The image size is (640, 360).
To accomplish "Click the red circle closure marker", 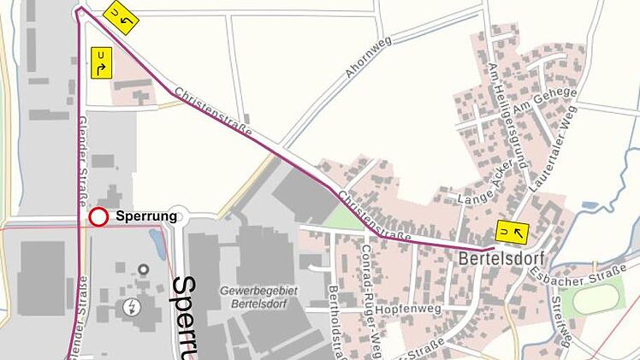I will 98,217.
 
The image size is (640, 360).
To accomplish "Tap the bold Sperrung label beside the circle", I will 146,216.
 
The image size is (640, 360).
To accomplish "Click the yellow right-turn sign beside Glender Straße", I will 101,64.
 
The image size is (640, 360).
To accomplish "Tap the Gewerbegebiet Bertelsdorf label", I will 258,298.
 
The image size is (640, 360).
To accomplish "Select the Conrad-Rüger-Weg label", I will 370,292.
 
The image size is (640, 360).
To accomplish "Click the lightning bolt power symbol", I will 131,306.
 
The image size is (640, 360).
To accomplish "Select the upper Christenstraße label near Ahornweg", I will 213,111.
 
